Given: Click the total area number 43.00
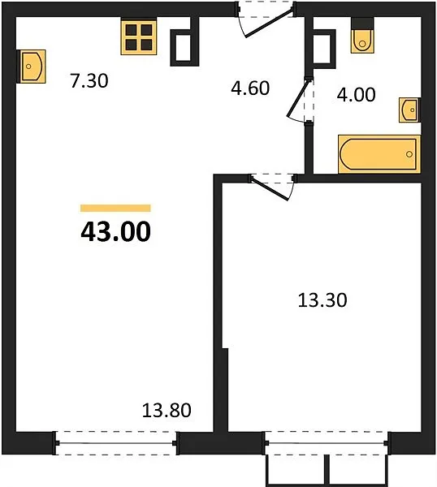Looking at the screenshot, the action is tap(115, 231).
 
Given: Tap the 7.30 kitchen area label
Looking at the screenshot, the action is tap(89, 80).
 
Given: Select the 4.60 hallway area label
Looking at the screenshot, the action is tap(250, 88).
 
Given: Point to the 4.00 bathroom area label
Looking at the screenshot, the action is tap(357, 95).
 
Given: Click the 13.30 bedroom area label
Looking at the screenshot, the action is tap(322, 300).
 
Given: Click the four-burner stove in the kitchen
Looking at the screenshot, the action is tap(139, 37).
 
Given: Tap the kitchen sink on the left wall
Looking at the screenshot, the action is tap(32, 67).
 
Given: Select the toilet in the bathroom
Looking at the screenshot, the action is tap(362, 36).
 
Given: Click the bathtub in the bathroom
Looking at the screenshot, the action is tap(379, 154).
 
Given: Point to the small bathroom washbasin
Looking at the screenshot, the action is tap(409, 110).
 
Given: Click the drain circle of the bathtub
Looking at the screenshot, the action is tap(409, 154).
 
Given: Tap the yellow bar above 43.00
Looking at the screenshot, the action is tap(115, 208).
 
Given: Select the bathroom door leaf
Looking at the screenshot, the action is tap(298, 98).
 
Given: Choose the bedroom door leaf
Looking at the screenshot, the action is tap(270, 188).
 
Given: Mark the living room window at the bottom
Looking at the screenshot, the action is tap(116, 443).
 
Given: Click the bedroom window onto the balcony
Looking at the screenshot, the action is tap(327, 443).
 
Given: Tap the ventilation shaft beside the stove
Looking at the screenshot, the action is tap(184, 47).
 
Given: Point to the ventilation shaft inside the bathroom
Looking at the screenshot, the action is tap(323, 49).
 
